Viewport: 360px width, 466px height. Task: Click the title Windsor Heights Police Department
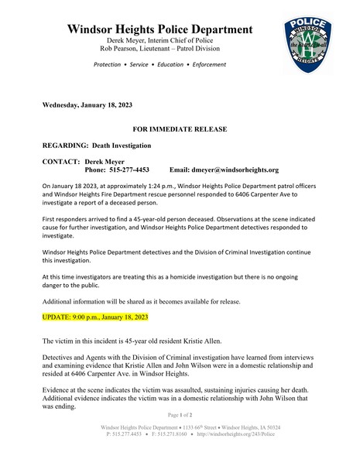pos(160,29)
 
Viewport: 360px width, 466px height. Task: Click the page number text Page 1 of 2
pos(180,416)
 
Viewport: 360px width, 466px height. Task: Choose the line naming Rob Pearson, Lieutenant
pos(160,48)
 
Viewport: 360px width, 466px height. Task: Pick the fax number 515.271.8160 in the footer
pos(170,434)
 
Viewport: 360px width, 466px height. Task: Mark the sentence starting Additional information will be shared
pos(142,301)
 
